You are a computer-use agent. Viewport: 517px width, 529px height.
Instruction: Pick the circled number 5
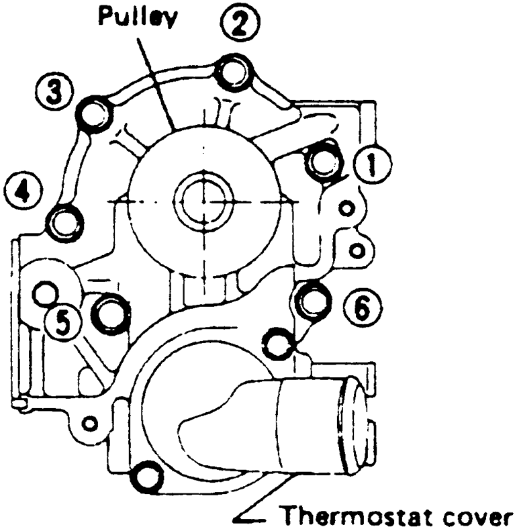click(x=61, y=326)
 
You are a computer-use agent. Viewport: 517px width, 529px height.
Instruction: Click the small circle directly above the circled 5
click(x=46, y=293)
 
